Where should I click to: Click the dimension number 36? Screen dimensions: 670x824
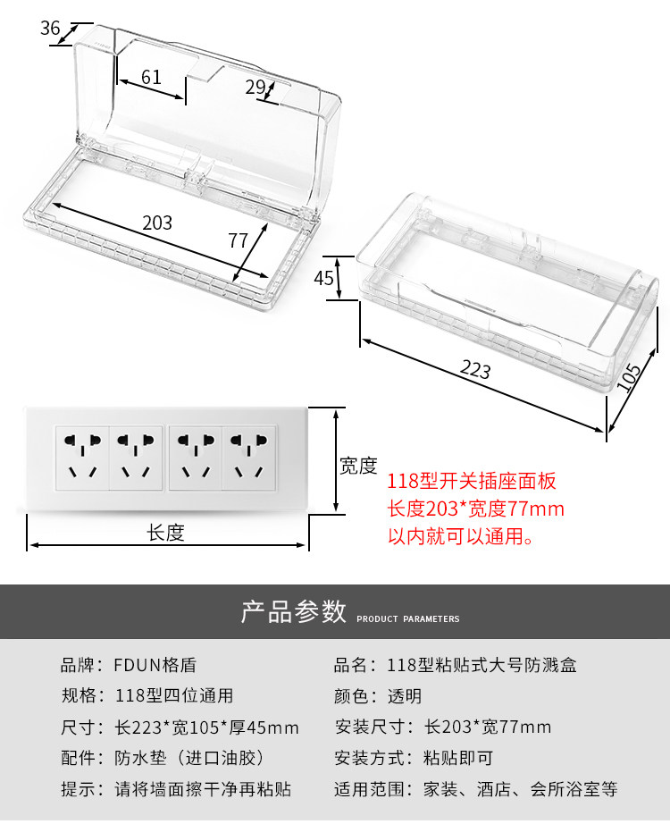pyautogui.click(x=49, y=28)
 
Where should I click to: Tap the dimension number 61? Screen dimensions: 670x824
pyautogui.click(x=151, y=77)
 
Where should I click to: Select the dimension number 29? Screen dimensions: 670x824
pyautogui.click(x=255, y=87)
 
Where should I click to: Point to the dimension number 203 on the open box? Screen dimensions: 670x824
pyautogui.click(x=157, y=223)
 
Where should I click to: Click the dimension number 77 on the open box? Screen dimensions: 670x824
pyautogui.click(x=238, y=240)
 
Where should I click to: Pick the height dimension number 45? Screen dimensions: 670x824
pyautogui.click(x=323, y=278)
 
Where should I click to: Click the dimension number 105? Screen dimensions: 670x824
pyautogui.click(x=630, y=378)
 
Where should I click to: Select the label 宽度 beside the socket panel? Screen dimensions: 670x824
pyautogui.click(x=358, y=466)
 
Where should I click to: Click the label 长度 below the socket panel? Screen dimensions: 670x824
pyautogui.click(x=165, y=533)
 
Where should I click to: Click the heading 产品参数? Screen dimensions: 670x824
pyautogui.click(x=294, y=612)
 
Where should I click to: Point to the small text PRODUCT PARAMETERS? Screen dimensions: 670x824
pyautogui.click(x=408, y=618)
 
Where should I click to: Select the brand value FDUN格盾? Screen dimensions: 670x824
pyautogui.click(x=155, y=665)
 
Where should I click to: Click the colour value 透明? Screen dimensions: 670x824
pyautogui.click(x=404, y=696)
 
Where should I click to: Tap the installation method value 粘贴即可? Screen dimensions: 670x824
pyautogui.click(x=457, y=759)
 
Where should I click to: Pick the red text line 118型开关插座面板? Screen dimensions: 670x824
pyautogui.click(x=472, y=482)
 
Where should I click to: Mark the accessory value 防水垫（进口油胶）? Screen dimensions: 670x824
pyautogui.click(x=190, y=759)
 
